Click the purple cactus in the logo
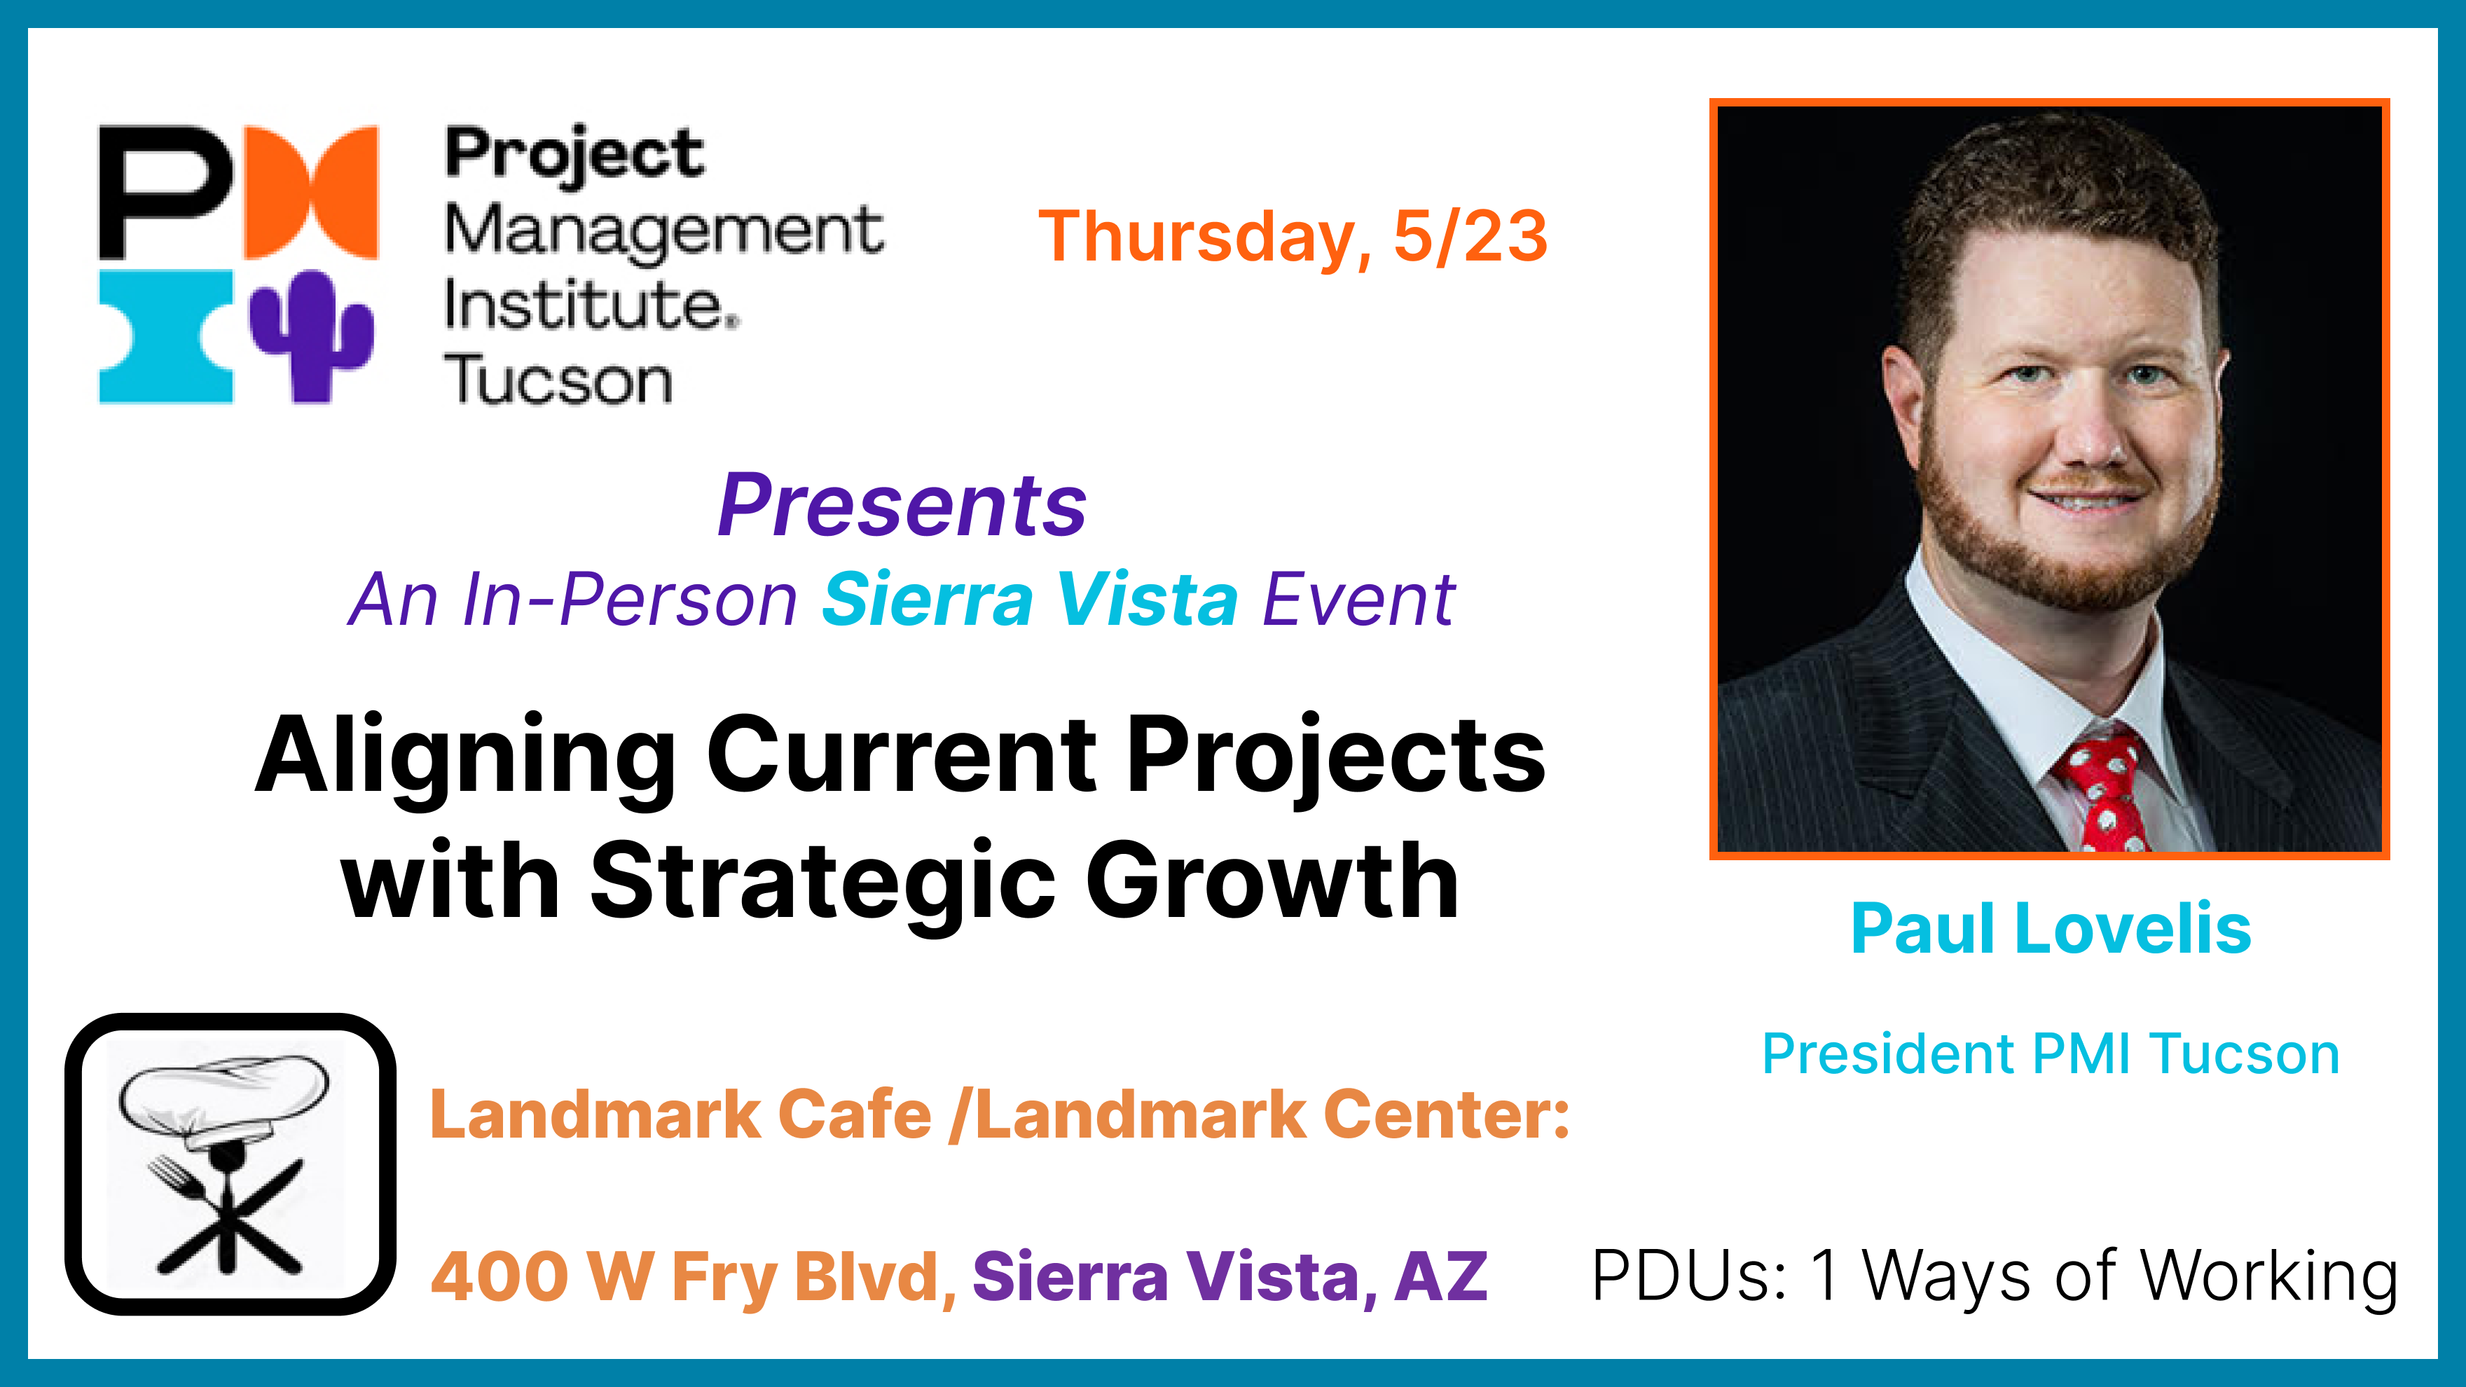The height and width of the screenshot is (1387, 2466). (x=311, y=337)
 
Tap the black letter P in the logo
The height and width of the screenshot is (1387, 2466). (x=165, y=191)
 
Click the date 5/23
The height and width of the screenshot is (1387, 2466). (x=1470, y=237)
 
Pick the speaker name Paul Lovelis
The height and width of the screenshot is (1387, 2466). (x=2051, y=928)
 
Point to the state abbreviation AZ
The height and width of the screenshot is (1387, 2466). (x=1441, y=1278)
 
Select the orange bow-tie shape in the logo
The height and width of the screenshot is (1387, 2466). (x=311, y=191)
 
